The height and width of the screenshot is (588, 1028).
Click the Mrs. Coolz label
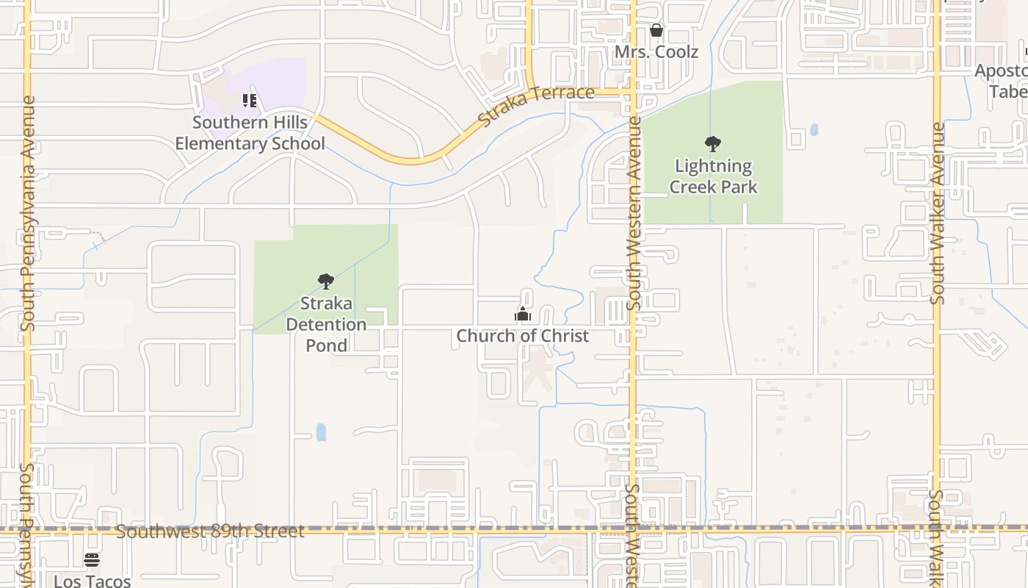[x=656, y=52]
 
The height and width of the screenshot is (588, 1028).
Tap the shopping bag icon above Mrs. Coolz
[x=656, y=30]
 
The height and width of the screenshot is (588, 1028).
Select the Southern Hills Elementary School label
[x=250, y=132]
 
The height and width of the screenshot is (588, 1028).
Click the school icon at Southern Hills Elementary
[x=250, y=101]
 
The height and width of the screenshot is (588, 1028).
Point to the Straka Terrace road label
[x=535, y=104]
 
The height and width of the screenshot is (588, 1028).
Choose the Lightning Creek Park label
[x=713, y=176]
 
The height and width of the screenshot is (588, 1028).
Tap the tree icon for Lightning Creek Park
[x=712, y=144]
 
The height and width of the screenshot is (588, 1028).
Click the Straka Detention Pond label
[x=326, y=324]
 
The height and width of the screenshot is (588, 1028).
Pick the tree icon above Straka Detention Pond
[x=326, y=281]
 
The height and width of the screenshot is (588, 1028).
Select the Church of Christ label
[x=523, y=336]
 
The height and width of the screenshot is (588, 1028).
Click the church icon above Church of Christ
[x=523, y=315]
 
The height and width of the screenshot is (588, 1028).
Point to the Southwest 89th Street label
[x=210, y=531]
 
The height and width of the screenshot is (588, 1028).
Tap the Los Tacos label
[x=92, y=581]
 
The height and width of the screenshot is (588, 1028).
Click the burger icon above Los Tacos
[x=92, y=560]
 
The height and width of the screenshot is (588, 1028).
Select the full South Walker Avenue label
[x=938, y=213]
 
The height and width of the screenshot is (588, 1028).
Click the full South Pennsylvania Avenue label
[x=28, y=213]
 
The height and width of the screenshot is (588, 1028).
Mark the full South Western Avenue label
[x=634, y=213]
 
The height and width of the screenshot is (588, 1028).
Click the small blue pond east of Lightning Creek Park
[x=814, y=130]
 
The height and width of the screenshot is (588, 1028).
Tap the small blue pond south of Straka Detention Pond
[x=321, y=431]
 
